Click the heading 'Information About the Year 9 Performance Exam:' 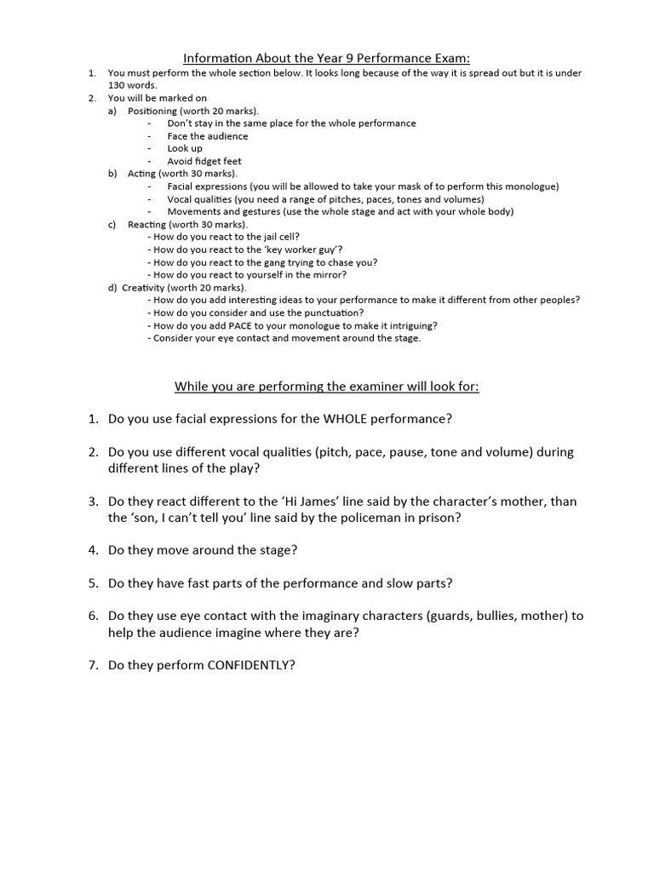[327, 58]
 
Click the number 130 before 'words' [118, 85]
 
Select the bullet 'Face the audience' [207, 135]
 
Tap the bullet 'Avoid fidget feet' [204, 160]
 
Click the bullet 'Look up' [184, 148]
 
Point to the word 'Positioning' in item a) [152, 111]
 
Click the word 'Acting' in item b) [141, 173]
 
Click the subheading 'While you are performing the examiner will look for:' [327, 387]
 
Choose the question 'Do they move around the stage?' [203, 550]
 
